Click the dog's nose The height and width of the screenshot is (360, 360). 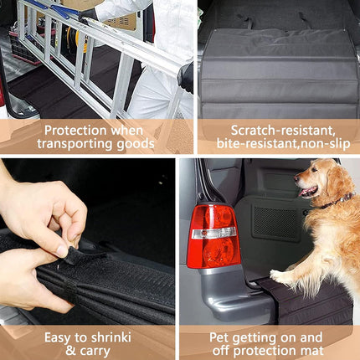(297, 177)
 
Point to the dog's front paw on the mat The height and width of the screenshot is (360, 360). (278, 276)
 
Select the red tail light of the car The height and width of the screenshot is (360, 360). (213, 236)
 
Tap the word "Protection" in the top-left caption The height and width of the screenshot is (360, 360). (75, 131)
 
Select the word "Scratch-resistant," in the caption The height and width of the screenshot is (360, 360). (282, 131)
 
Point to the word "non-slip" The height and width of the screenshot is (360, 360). (324, 144)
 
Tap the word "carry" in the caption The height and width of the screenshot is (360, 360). (95, 352)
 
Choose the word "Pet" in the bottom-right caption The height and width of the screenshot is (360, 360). (219, 337)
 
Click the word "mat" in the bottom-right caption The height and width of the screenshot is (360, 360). (312, 351)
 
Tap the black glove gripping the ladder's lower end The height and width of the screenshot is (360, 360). (185, 77)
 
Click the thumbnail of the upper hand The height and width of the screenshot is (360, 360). (63, 250)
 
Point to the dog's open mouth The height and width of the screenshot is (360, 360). (308, 192)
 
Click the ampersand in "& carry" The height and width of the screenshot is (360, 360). (70, 351)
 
